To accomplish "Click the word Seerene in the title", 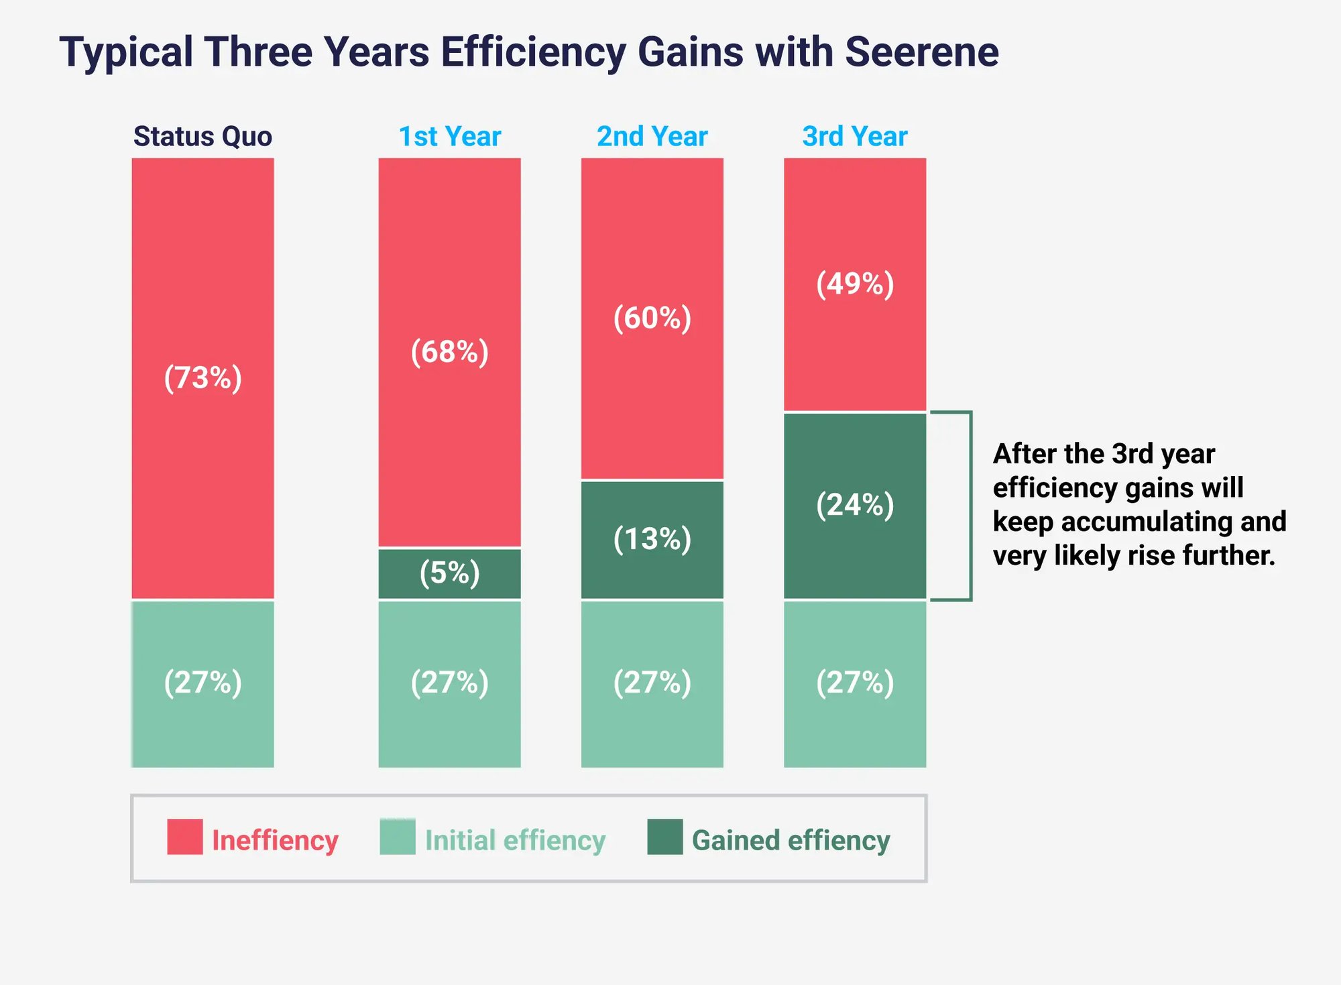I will (x=921, y=52).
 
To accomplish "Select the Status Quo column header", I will (x=202, y=136).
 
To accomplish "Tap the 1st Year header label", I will (x=449, y=136).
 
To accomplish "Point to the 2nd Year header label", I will (x=652, y=136).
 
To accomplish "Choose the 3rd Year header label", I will (x=854, y=136).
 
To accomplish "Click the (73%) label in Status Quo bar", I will (x=202, y=378).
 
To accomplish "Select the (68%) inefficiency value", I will (x=449, y=351).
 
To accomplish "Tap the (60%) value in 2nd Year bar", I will (x=652, y=318).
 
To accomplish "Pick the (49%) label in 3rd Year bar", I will (x=854, y=284).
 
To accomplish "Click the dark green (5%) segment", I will (x=449, y=573).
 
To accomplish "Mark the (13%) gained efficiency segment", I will (x=652, y=539).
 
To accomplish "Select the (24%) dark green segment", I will (x=854, y=505).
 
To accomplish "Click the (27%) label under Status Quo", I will (x=202, y=683).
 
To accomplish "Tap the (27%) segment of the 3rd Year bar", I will (x=854, y=683).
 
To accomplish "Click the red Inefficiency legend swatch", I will (x=184, y=837).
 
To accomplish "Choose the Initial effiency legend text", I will (x=515, y=841).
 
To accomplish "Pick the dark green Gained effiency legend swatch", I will (x=664, y=837).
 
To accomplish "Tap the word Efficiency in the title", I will (x=533, y=52).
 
